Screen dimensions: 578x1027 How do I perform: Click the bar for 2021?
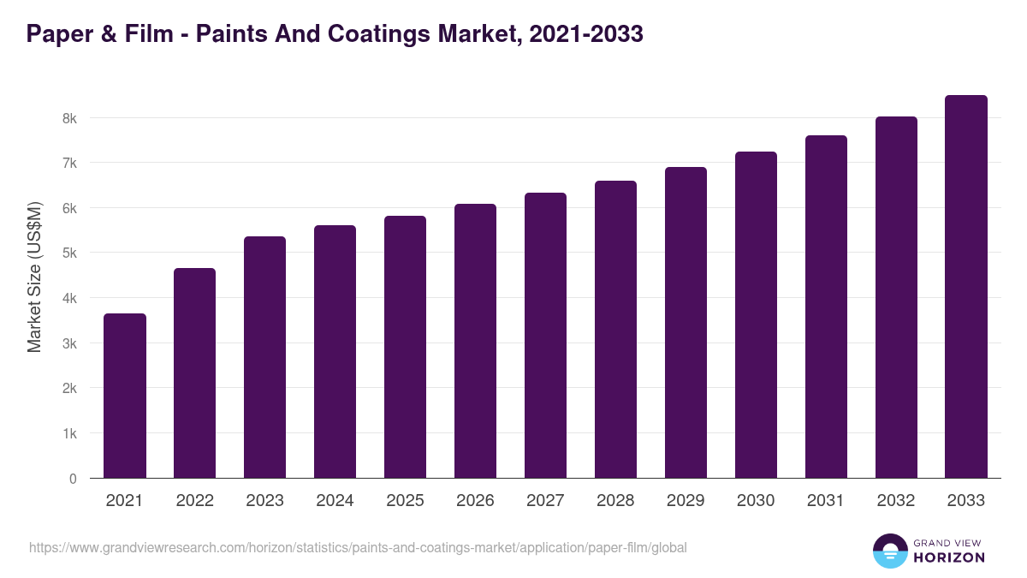[x=125, y=396]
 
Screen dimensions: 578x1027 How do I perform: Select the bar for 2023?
[x=264, y=357]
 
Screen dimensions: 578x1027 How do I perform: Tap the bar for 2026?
[x=475, y=341]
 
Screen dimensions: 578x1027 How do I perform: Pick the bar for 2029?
[x=686, y=323]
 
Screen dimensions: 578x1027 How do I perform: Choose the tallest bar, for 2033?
[x=966, y=287]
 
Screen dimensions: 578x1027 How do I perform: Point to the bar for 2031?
[x=826, y=307]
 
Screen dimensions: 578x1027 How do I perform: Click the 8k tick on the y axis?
[x=68, y=118]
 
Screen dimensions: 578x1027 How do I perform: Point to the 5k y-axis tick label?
[x=68, y=253]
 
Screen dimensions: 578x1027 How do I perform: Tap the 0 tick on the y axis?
[x=73, y=479]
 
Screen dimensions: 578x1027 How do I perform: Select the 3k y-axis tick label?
[x=68, y=343]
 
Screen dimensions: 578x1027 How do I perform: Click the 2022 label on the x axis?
[x=194, y=501]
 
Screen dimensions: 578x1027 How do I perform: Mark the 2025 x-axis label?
[x=405, y=501]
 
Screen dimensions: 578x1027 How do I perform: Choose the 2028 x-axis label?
[x=615, y=501]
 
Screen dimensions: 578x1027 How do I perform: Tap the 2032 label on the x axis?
[x=896, y=501]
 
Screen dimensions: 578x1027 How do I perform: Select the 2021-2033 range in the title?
[x=586, y=34]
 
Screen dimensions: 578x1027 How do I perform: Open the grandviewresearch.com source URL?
[x=358, y=547]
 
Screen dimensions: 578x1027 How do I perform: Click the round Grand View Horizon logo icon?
[x=889, y=551]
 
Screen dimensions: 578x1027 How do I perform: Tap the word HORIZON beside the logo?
[x=948, y=557]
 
